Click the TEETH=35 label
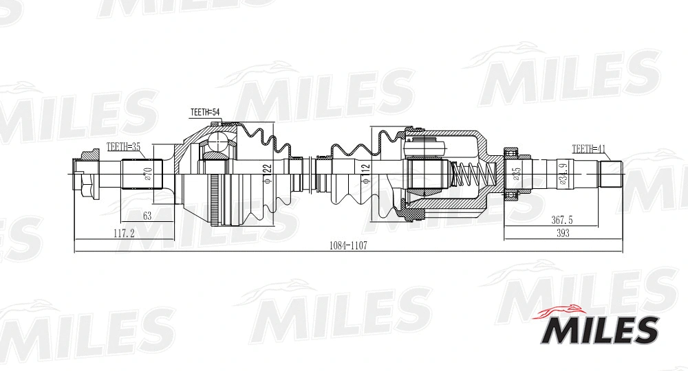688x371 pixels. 123,146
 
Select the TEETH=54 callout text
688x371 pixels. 204,112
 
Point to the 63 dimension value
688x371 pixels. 147,216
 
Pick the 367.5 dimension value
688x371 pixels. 562,221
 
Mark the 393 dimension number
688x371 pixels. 563,234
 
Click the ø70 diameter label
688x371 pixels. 147,174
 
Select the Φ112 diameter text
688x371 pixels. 365,172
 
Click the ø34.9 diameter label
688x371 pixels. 563,174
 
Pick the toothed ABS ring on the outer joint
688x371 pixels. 215,199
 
